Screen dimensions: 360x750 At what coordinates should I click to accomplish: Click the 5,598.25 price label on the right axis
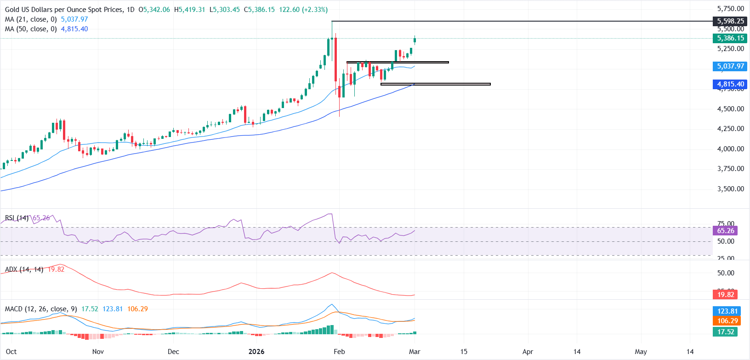tap(730, 21)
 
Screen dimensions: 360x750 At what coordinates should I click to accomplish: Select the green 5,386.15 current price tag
tap(730, 38)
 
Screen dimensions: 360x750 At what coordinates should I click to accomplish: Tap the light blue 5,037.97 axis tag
tap(730, 66)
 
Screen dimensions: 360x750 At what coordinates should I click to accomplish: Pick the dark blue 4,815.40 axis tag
tap(730, 84)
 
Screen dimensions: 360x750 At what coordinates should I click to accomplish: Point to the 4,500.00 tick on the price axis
tap(730, 109)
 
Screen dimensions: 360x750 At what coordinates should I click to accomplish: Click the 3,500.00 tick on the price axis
tap(730, 189)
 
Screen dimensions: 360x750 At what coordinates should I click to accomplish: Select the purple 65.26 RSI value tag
tap(726, 231)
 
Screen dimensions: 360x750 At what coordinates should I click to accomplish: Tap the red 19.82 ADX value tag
tap(726, 295)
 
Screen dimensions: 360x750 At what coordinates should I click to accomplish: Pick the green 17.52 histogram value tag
tap(726, 332)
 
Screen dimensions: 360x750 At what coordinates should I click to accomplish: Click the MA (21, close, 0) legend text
tap(31, 19)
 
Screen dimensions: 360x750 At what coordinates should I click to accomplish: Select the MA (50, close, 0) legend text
tap(31, 29)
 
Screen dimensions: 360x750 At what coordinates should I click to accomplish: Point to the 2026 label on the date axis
tap(256, 352)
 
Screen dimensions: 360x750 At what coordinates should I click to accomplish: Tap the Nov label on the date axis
tap(98, 352)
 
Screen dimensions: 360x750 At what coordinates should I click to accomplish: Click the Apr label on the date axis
tap(528, 352)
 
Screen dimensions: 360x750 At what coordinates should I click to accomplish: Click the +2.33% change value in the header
tap(315, 10)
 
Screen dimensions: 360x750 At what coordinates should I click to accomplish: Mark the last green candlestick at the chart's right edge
tap(415, 40)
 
